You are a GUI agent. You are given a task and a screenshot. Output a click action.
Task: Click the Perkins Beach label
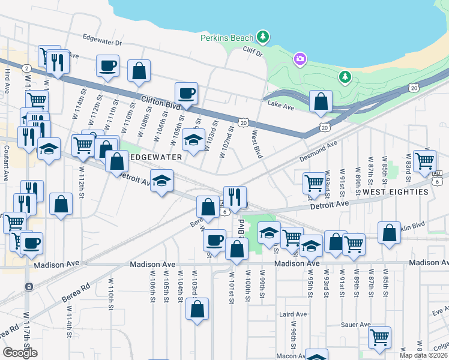click(x=228, y=38)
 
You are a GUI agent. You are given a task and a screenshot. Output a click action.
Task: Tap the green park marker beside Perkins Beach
click(x=262, y=37)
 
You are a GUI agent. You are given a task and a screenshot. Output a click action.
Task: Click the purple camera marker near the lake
click(x=300, y=59)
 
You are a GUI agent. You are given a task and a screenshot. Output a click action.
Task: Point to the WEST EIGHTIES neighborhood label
click(x=396, y=192)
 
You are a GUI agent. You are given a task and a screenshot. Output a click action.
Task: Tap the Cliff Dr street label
click(x=253, y=53)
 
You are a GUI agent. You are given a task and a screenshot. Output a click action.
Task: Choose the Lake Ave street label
click(x=280, y=106)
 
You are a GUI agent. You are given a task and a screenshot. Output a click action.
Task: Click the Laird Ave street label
click(x=292, y=314)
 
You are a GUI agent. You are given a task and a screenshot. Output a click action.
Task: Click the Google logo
click(x=20, y=353)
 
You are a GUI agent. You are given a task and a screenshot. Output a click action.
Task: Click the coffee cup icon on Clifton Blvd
click(x=186, y=94)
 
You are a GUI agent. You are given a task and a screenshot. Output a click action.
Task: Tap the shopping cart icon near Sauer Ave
click(x=379, y=338)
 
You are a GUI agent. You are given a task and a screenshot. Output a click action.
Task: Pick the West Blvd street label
click(x=257, y=145)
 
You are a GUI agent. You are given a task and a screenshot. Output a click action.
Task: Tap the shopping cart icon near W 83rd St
click(x=424, y=160)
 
